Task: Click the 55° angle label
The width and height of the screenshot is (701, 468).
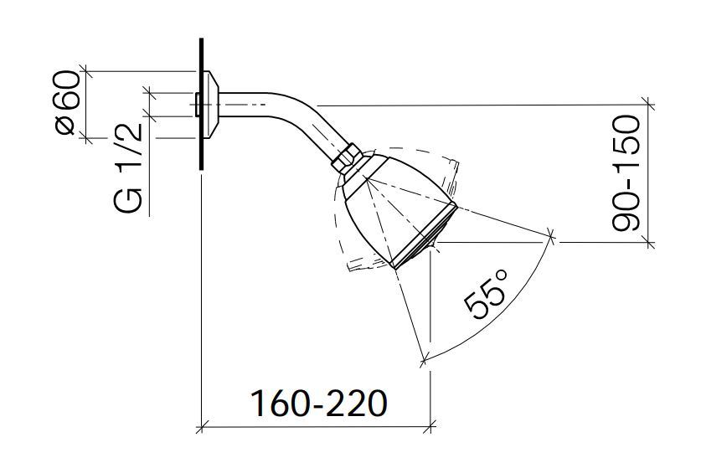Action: [x=488, y=293]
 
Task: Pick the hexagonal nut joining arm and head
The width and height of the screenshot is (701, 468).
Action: [x=348, y=159]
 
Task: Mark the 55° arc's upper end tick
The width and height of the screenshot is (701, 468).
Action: [x=553, y=238]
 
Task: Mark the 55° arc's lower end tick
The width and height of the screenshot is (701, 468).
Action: [x=425, y=360]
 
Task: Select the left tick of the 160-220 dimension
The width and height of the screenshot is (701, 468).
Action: [x=201, y=429]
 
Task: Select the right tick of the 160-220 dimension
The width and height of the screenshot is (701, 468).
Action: [x=430, y=429]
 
